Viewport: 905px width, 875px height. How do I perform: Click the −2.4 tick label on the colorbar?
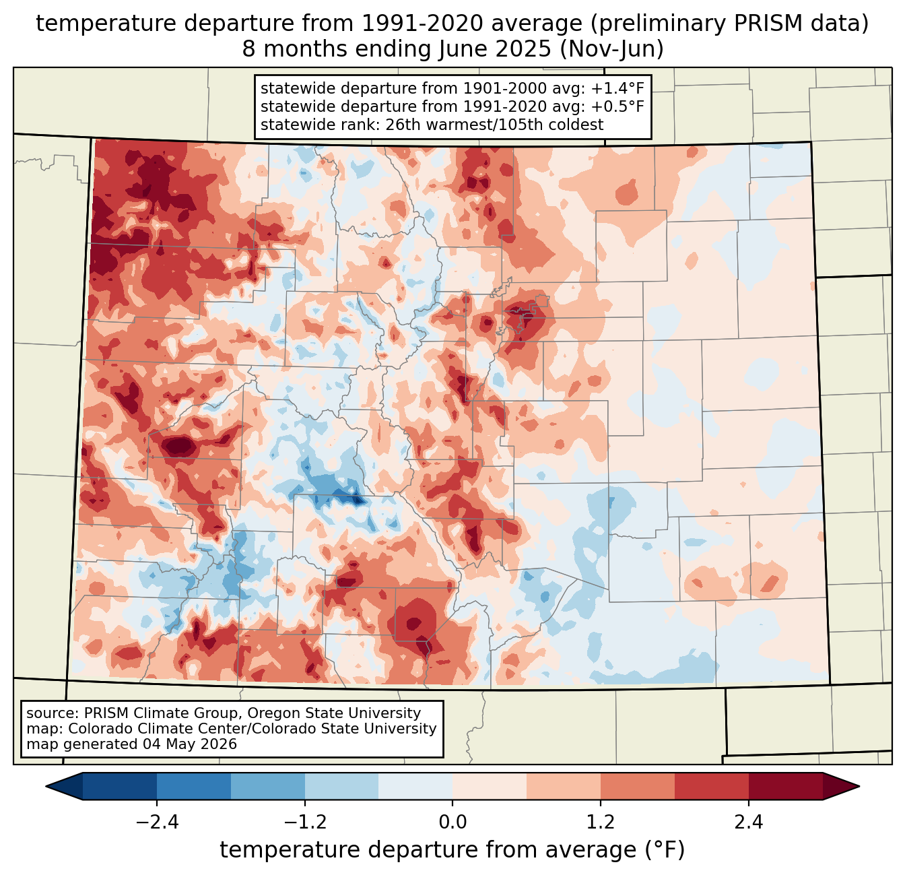(157, 822)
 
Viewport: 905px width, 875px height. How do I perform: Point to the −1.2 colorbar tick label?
(305, 822)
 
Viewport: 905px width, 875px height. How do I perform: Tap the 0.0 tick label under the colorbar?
(452, 822)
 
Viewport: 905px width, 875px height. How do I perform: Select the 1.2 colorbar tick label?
(601, 822)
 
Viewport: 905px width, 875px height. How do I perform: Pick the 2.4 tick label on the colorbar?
(749, 822)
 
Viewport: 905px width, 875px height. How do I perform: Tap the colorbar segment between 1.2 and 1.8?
(638, 787)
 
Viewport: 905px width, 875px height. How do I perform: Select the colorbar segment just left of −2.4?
(120, 787)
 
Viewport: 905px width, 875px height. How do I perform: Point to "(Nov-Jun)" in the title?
(611, 49)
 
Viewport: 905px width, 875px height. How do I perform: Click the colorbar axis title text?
(452, 849)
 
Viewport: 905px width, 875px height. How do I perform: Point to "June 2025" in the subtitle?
(495, 49)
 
